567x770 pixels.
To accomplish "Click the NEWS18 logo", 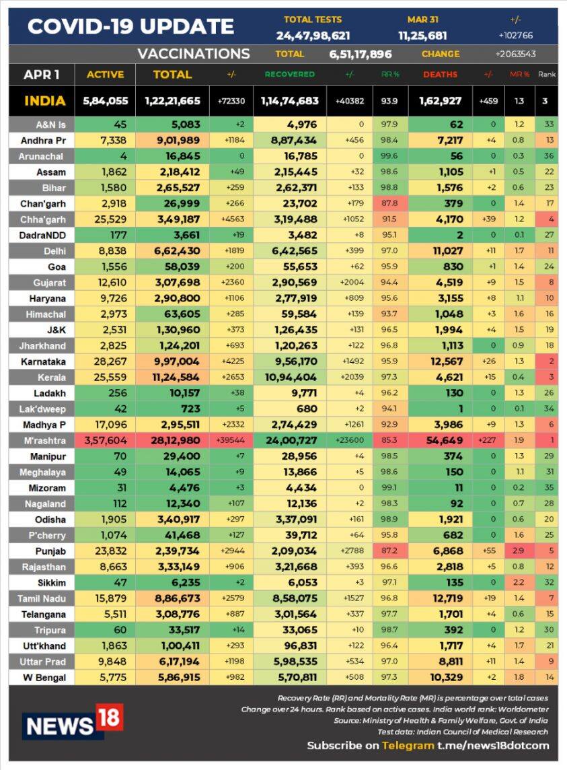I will coord(73,722).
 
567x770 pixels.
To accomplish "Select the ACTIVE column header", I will coord(105,75).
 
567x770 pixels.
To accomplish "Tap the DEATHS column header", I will coord(440,75).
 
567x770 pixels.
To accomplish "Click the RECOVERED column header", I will coord(289,75).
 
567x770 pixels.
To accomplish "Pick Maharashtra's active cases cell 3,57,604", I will coord(104,440).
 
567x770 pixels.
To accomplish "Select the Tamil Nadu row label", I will coord(42,598).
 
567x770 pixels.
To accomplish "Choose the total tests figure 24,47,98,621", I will coord(312,35).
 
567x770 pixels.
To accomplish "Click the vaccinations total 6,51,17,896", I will coord(360,55).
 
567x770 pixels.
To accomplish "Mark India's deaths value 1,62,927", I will coord(440,101).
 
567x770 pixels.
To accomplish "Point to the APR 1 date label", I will coord(42,75).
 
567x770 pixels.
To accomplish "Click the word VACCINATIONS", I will coord(193,54).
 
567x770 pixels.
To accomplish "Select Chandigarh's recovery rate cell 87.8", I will coord(389,203).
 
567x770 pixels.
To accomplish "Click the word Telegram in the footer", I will coord(408,745).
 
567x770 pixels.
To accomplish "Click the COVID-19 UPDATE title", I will coord(130,27).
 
